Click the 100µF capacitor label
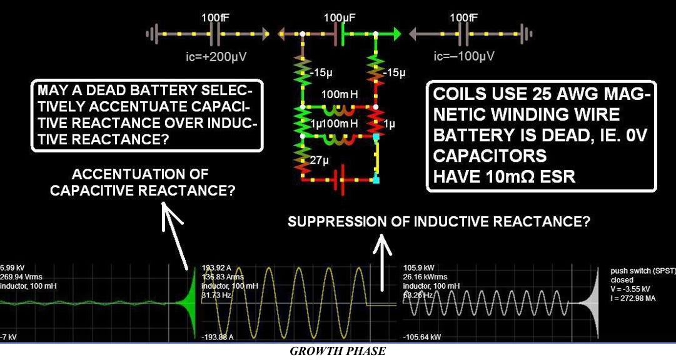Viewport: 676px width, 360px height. tap(340, 19)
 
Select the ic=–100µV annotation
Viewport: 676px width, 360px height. tap(464, 57)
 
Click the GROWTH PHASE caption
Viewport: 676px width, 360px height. tap(338, 351)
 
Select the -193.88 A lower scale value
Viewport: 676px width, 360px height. tap(219, 337)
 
